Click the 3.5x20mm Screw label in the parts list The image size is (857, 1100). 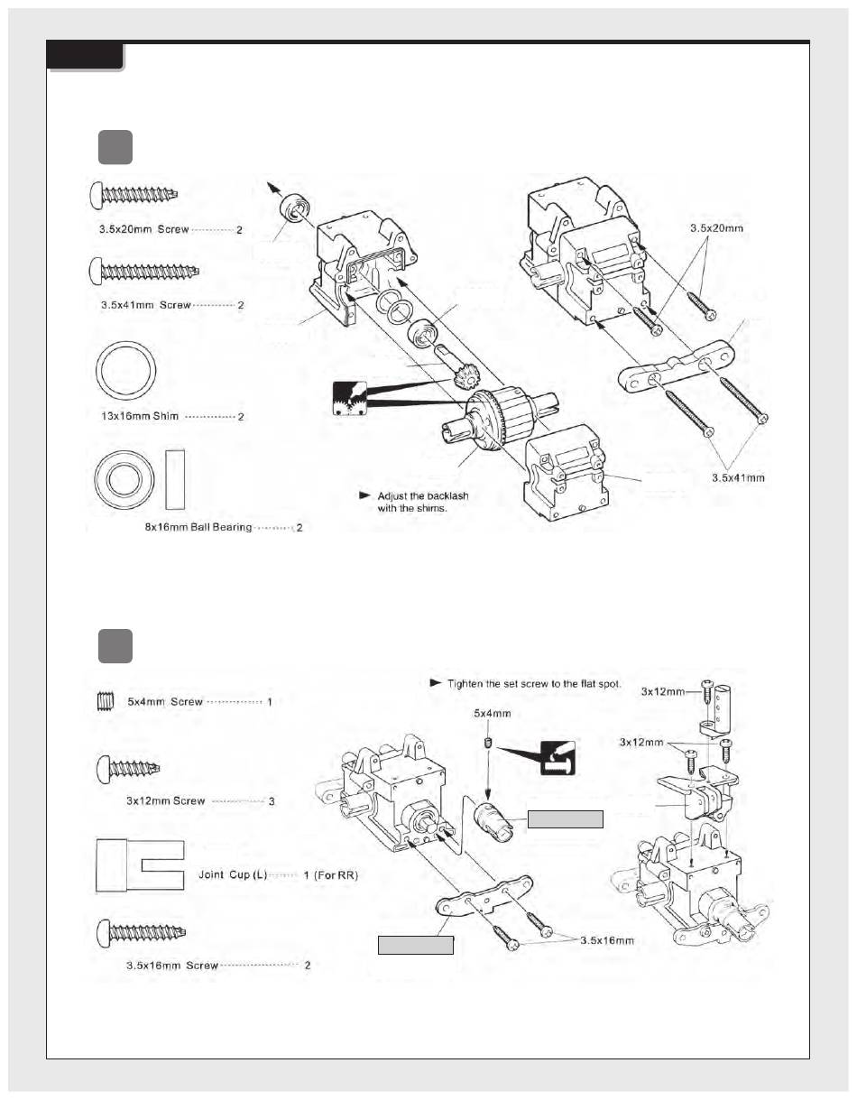pyautogui.click(x=144, y=229)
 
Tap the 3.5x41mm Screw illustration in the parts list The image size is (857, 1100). pyautogui.click(x=144, y=272)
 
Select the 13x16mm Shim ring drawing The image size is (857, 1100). pyautogui.click(x=126, y=371)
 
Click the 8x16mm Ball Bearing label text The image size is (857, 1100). pyautogui.click(x=198, y=528)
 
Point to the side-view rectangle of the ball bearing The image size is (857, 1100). pyautogui.click(x=175, y=479)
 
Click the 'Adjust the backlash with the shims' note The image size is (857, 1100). pyautogui.click(x=422, y=502)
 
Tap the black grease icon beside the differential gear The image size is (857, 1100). pyautogui.click(x=350, y=398)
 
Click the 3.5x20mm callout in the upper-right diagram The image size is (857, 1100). pyautogui.click(x=717, y=228)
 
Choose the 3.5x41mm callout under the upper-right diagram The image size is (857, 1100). pyautogui.click(x=738, y=478)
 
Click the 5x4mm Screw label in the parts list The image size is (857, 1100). pyautogui.click(x=165, y=702)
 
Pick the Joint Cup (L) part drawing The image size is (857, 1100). pyautogui.click(x=140, y=866)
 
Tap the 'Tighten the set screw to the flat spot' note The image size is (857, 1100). pyautogui.click(x=534, y=684)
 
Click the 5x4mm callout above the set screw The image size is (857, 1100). pyautogui.click(x=493, y=714)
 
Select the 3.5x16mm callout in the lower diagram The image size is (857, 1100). pyautogui.click(x=607, y=940)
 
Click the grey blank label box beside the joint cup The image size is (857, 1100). pyautogui.click(x=565, y=819)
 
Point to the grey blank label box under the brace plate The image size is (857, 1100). pyautogui.click(x=415, y=945)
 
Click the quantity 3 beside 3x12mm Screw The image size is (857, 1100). pyautogui.click(x=272, y=801)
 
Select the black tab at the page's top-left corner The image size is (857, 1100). pyautogui.click(x=85, y=56)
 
